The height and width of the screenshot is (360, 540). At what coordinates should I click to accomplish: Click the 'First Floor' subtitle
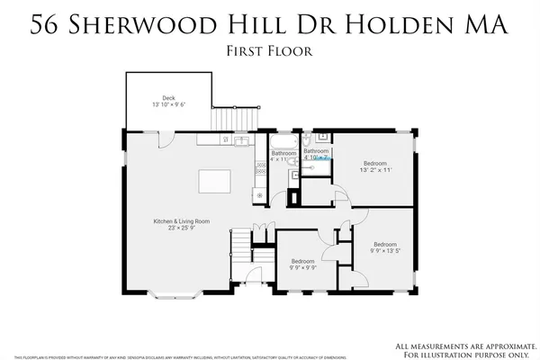coord(269,51)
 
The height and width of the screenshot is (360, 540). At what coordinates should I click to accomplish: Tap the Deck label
coord(168,98)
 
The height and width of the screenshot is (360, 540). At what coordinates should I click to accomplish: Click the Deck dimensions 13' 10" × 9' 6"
coord(168,106)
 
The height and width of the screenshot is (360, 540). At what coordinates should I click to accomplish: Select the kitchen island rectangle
coord(213,179)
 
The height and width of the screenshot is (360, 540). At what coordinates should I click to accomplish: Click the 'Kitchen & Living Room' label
coord(180,220)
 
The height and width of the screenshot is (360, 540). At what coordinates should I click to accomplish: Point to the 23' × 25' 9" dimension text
coord(180,229)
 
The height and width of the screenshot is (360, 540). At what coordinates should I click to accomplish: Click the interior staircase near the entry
coord(241,244)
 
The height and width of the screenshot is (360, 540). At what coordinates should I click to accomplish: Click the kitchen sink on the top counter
coord(240,141)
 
